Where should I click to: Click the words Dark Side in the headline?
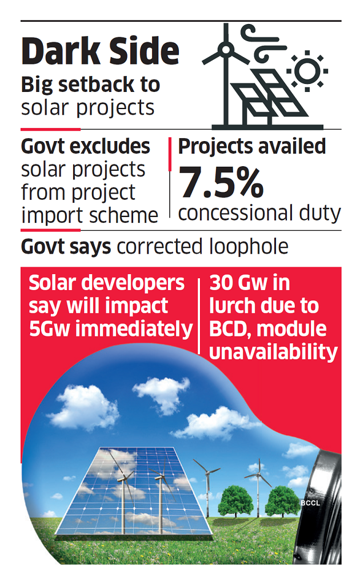pos(101,51)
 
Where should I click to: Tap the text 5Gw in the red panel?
pos(51,329)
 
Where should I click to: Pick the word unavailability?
pos(273,352)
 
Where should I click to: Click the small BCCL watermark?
pos(309,503)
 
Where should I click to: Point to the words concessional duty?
pos(259,212)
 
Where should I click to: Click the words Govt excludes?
pos(86,147)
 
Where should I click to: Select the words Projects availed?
pos(252,147)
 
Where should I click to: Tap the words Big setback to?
pos(90,85)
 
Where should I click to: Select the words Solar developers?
pos(107,283)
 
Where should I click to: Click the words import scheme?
pos(90,215)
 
